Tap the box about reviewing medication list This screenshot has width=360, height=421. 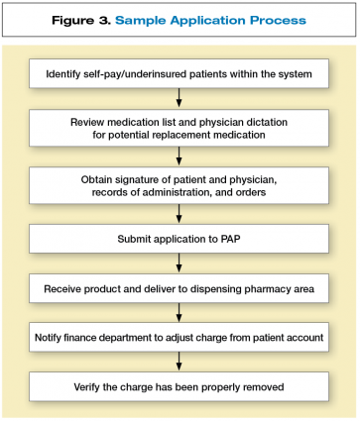[x=180, y=125]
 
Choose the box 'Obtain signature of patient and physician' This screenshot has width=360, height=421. [x=180, y=184]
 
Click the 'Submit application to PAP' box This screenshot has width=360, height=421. [x=180, y=240]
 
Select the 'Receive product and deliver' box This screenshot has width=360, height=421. [x=180, y=288]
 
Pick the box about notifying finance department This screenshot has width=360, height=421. [x=180, y=337]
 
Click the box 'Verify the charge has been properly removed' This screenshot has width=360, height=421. [x=180, y=386]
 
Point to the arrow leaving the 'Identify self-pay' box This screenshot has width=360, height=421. [x=180, y=96]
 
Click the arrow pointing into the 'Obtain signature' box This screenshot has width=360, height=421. [x=180, y=155]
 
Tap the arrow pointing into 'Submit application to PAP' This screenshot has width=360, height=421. [x=180, y=214]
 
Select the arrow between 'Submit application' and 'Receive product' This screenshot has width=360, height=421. [x=180, y=263]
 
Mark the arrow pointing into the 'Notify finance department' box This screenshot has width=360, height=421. [x=180, y=312]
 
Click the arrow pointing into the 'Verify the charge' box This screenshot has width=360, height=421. [x=180, y=362]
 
